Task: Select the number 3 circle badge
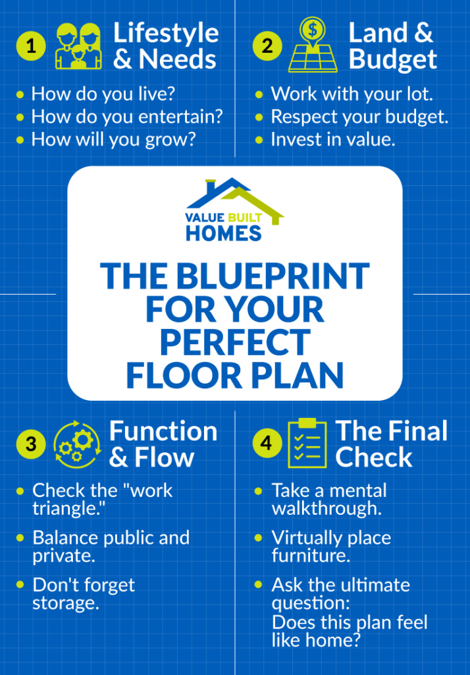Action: [x=31, y=445]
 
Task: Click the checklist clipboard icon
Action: [x=307, y=442]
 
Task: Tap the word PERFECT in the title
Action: [x=234, y=342]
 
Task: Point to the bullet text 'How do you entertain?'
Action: [x=127, y=117]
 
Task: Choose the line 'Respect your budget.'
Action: [x=359, y=117]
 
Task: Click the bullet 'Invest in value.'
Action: [x=333, y=140]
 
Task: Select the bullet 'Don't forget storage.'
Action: [x=84, y=593]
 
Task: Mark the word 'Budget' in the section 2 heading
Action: [x=393, y=59]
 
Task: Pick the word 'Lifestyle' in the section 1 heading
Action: [x=165, y=32]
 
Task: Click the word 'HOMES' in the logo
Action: [x=223, y=233]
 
